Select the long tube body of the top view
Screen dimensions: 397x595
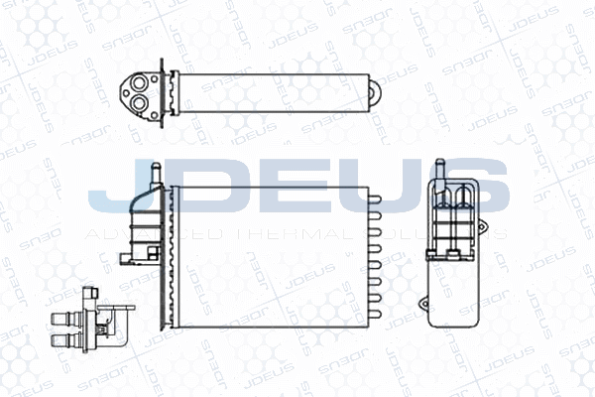tap(268, 91)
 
